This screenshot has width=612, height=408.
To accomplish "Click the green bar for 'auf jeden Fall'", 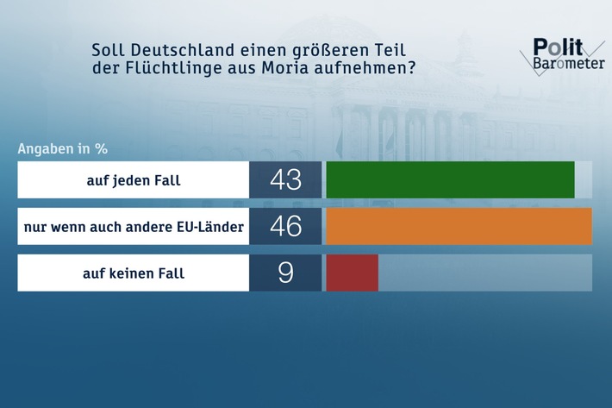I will (450, 179).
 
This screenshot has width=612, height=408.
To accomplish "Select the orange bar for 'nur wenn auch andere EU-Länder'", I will (459, 227).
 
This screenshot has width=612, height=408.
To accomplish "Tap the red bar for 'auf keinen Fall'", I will (352, 273).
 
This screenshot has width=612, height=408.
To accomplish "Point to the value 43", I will (285, 179).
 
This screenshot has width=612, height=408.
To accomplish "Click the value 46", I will (285, 227).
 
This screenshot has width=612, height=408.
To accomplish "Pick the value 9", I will (285, 273).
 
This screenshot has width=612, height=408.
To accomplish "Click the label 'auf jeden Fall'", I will (134, 180).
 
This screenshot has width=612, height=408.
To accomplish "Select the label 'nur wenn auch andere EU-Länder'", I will (134, 227).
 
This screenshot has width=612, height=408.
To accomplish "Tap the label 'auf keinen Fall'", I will (134, 273).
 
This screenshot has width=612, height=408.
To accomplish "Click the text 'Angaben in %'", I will (62, 148).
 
